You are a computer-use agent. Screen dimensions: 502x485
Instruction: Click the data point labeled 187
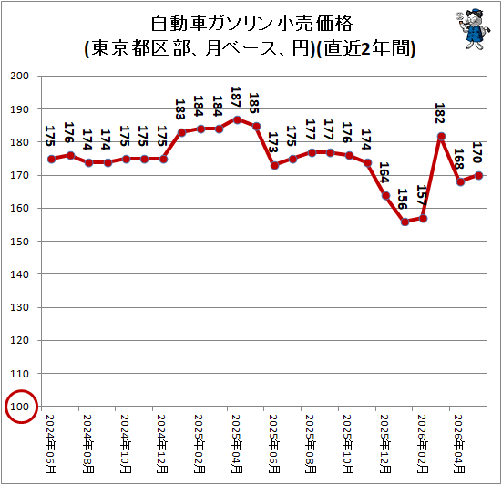click(x=237, y=120)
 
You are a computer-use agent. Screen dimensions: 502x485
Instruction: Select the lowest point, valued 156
click(x=405, y=222)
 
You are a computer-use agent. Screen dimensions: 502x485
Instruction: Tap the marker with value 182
click(x=442, y=137)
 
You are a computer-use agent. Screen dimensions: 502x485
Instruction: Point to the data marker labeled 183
click(x=182, y=132)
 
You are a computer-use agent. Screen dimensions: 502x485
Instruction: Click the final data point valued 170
click(x=479, y=176)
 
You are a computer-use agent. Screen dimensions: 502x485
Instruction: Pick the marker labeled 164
click(x=386, y=196)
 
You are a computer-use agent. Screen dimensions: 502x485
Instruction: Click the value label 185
click(x=254, y=103)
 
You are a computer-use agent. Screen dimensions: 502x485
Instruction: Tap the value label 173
click(x=272, y=142)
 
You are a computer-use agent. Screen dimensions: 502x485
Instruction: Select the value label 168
click(x=459, y=159)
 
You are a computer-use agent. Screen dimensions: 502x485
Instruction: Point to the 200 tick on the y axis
click(x=19, y=76)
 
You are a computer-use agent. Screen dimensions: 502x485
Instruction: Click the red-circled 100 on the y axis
click(x=19, y=407)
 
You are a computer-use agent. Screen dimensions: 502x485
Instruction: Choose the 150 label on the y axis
click(x=19, y=242)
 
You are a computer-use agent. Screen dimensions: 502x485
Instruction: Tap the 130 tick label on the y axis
click(x=19, y=307)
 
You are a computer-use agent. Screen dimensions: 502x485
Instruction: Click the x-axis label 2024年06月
click(x=51, y=444)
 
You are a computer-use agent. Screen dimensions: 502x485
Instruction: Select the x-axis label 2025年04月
click(x=237, y=444)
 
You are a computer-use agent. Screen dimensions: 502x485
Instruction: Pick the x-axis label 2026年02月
click(x=423, y=444)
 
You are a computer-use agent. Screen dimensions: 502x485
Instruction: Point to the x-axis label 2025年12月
click(x=385, y=444)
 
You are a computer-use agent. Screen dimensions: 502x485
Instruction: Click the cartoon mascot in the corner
click(x=473, y=29)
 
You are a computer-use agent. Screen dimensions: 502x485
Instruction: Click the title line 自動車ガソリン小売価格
click(x=251, y=24)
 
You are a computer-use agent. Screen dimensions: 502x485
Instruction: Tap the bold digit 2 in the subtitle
click(x=365, y=48)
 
